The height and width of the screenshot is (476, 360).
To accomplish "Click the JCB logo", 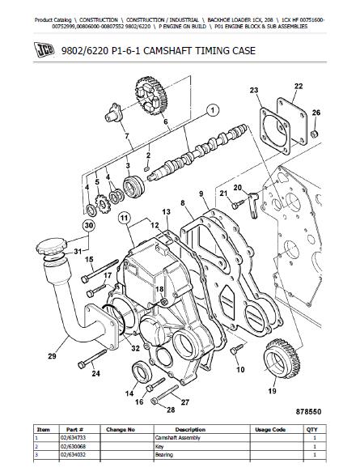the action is click(44, 50).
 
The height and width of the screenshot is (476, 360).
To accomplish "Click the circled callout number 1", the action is click(213, 110).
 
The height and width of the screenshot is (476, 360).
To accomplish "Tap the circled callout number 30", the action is click(88, 226).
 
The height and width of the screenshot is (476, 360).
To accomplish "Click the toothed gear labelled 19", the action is click(282, 359).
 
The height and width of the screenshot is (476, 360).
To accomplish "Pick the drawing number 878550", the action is click(308, 411).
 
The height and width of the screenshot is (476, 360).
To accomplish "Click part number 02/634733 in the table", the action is click(73, 438).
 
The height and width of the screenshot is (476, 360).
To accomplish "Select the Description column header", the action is click(190, 430).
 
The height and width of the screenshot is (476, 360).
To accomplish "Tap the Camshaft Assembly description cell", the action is click(178, 438).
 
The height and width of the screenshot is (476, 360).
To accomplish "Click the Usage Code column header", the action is click(270, 430).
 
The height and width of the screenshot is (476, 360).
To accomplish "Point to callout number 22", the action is click(299, 86).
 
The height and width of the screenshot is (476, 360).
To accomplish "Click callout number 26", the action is click(316, 113).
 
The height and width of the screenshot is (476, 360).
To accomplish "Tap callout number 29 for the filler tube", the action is click(52, 356).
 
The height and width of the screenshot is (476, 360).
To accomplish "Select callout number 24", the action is click(95, 373).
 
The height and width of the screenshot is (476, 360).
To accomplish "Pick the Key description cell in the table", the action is click(159, 447).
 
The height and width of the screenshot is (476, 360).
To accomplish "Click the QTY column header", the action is click(311, 430).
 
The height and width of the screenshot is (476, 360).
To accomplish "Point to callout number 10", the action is click(240, 369).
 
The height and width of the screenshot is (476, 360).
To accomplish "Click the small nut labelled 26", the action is click(316, 134).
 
